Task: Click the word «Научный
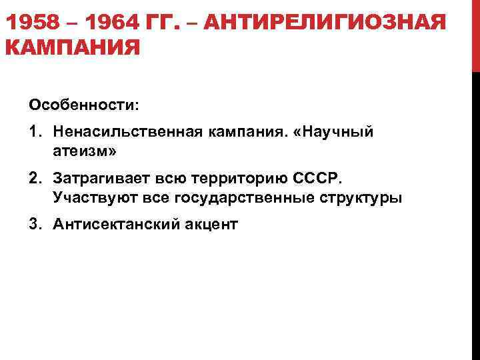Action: click(337, 133)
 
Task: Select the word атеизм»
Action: click(84, 152)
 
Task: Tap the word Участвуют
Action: click(87, 198)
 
